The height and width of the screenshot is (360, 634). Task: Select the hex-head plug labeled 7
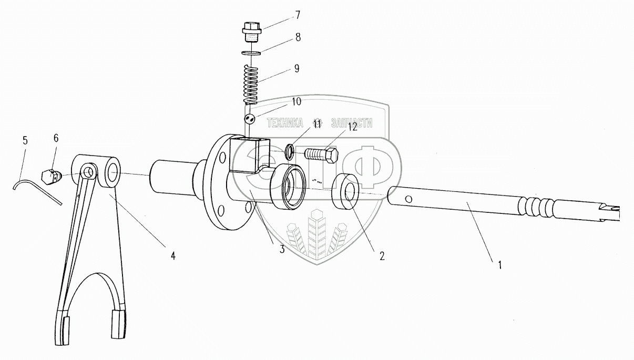251,32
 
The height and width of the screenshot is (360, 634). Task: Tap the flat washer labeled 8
251,53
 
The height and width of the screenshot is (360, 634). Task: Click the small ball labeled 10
250,119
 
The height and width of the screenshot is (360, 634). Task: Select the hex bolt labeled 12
321,155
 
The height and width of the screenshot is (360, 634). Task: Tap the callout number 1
499,265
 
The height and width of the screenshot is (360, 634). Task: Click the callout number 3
282,249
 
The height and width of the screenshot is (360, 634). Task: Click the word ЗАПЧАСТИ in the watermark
352,124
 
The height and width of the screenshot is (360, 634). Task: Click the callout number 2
382,256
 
